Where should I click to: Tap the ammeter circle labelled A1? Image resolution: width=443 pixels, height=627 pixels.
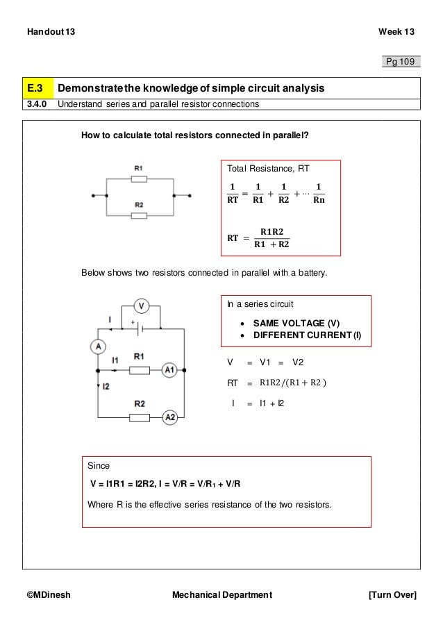click(x=170, y=370)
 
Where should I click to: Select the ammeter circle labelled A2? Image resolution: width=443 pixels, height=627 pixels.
click(x=170, y=417)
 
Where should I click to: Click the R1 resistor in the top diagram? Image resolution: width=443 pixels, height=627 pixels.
click(x=139, y=178)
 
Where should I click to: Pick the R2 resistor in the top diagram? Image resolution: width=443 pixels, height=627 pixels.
click(x=139, y=215)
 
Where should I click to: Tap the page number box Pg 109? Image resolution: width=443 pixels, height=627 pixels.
click(x=401, y=62)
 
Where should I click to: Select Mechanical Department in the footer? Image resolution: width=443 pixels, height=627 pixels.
click(x=221, y=595)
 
